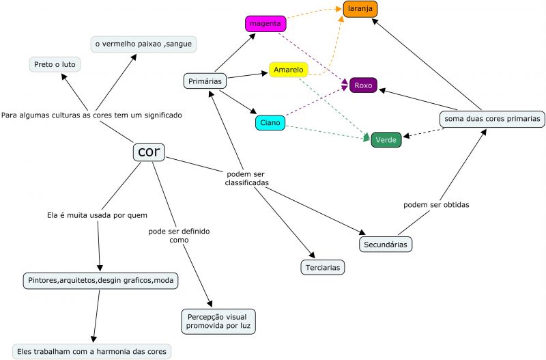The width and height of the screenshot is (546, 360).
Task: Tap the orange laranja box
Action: click(x=360, y=10)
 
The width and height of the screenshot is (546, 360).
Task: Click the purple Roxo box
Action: click(x=363, y=85)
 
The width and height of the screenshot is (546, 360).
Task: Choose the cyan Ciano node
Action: click(x=270, y=123)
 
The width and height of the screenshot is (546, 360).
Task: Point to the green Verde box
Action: click(x=386, y=141)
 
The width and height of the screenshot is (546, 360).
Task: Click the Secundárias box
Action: click(x=387, y=243)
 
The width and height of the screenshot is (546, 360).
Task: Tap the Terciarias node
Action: click(x=322, y=267)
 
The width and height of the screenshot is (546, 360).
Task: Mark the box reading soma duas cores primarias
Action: click(x=492, y=119)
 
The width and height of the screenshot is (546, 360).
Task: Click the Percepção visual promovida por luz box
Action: click(x=218, y=321)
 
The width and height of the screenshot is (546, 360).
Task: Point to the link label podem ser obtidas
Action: click(x=436, y=204)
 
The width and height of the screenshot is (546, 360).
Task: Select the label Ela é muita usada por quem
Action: click(x=97, y=215)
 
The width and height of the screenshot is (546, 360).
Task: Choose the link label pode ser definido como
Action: click(x=179, y=236)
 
